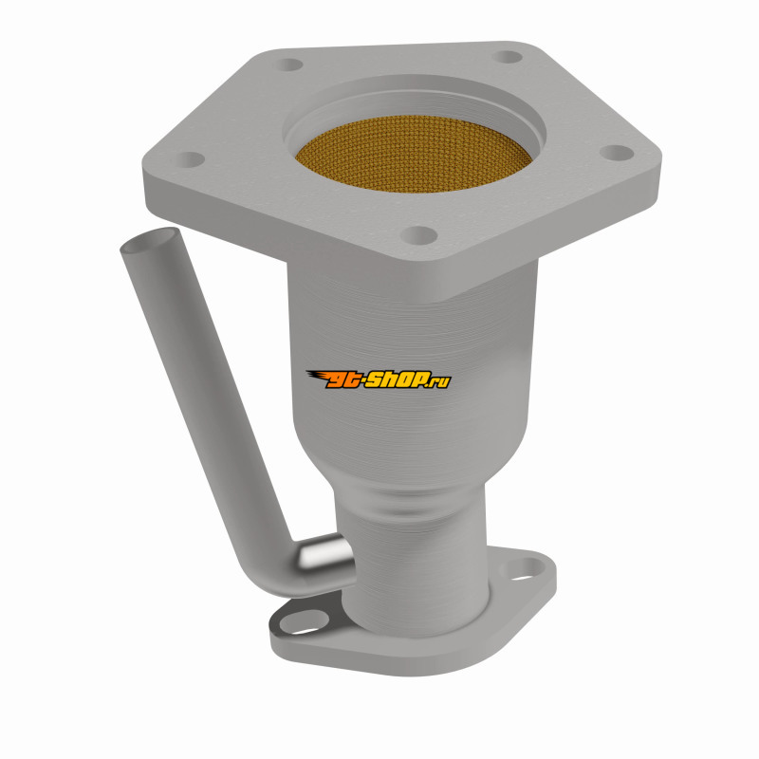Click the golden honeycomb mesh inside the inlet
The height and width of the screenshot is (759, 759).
tap(413, 154)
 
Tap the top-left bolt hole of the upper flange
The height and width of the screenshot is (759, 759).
tap(289, 65)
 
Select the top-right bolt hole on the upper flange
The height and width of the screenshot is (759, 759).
tap(508, 57)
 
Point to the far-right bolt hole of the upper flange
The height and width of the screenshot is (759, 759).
tap(616, 152)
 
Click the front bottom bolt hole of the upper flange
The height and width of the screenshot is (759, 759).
tap(418, 235)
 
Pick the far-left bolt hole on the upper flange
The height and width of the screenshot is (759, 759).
tap(188, 159)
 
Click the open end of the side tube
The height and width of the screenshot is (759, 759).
tap(149, 240)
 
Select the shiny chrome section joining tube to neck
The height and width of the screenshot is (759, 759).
tap(324, 552)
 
